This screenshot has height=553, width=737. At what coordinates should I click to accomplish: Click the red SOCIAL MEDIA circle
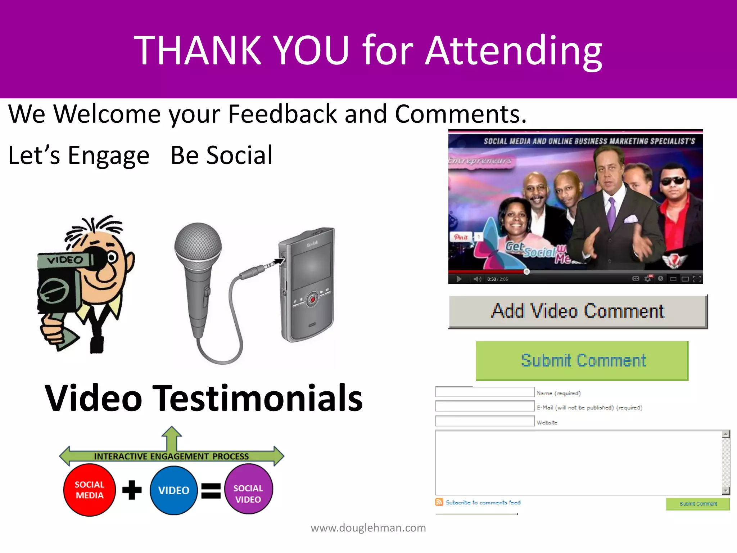coord(89,490)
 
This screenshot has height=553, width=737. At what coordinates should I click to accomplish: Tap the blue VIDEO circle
coord(173,490)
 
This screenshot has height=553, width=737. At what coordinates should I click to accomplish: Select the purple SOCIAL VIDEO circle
coord(248,489)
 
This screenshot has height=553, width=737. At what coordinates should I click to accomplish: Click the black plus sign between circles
coord(132,490)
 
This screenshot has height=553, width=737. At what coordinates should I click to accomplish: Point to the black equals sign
coord(211,490)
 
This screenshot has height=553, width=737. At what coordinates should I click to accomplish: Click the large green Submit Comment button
coord(582,360)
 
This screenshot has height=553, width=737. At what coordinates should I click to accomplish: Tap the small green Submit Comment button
coord(697,504)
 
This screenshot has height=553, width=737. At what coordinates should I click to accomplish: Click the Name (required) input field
coord(485,392)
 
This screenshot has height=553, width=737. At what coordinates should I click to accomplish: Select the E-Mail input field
coord(485,406)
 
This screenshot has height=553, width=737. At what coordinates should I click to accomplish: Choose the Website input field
coord(485,421)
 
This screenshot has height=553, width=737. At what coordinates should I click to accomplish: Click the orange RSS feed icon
coord(439,502)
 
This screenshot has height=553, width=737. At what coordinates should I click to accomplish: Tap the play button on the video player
coord(459,279)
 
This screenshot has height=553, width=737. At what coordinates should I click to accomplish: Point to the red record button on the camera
coord(313,299)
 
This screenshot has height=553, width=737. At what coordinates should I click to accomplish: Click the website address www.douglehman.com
coord(368,528)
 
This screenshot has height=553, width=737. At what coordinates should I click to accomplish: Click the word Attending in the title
coord(514,50)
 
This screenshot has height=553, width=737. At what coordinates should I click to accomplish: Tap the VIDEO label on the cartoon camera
coord(65,260)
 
